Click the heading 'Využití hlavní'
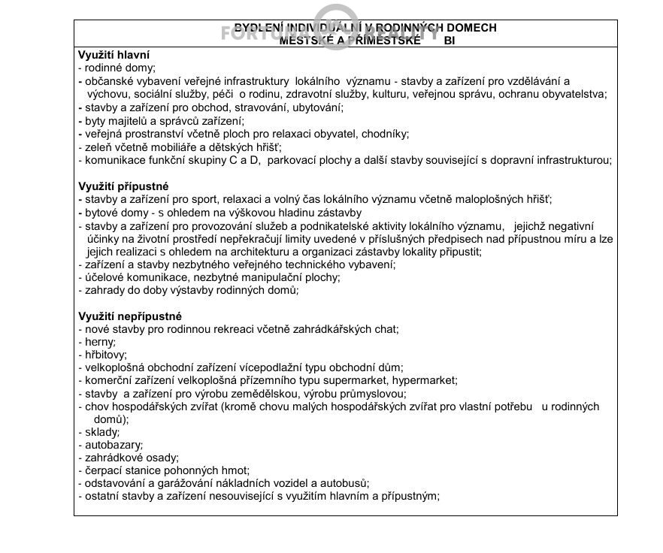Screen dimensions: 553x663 pos(114,55)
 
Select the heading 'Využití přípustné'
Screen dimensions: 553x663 pos(123,186)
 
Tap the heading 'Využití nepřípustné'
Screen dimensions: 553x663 pos(130,316)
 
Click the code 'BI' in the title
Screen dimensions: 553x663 pos(450,41)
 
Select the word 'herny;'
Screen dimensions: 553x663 pos(101,342)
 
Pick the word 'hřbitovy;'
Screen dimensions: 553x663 pos(106,355)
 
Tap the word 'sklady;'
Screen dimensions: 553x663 pos(102,432)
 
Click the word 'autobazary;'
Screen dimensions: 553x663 pos(114,445)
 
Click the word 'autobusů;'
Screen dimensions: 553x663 pos(347,483)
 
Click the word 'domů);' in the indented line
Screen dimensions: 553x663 pos(112,419)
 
